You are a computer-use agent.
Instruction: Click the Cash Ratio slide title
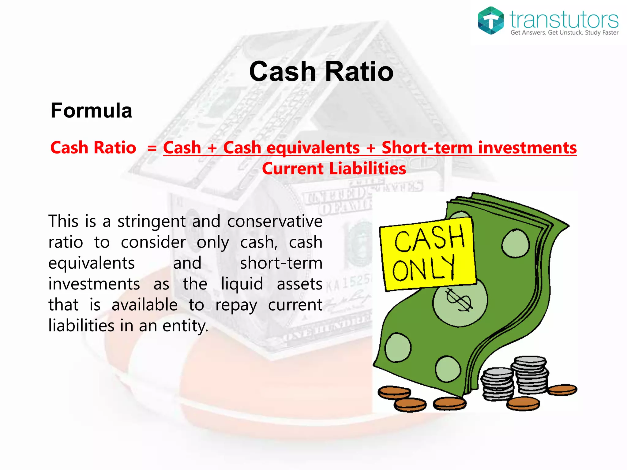click(321, 71)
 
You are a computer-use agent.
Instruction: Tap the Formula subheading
click(91, 110)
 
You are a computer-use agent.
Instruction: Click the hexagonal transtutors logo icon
click(490, 21)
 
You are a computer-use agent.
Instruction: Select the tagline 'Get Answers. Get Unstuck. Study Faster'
click(564, 33)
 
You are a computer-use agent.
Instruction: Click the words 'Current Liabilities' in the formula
click(334, 169)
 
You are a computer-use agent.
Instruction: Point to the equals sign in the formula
click(152, 148)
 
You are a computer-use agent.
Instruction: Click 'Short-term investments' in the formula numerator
click(479, 148)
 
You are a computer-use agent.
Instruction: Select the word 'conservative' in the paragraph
click(275, 221)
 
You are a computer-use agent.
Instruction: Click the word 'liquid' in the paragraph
click(242, 284)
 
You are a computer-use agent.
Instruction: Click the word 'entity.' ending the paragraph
click(185, 326)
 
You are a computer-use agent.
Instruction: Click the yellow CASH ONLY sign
click(428, 254)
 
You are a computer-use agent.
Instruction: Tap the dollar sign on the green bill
click(459, 300)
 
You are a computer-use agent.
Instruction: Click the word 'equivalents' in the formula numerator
click(313, 148)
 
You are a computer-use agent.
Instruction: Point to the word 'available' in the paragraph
click(145, 305)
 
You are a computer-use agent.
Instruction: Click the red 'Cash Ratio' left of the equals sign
click(93, 148)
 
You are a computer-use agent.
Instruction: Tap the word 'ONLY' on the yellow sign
click(423, 268)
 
